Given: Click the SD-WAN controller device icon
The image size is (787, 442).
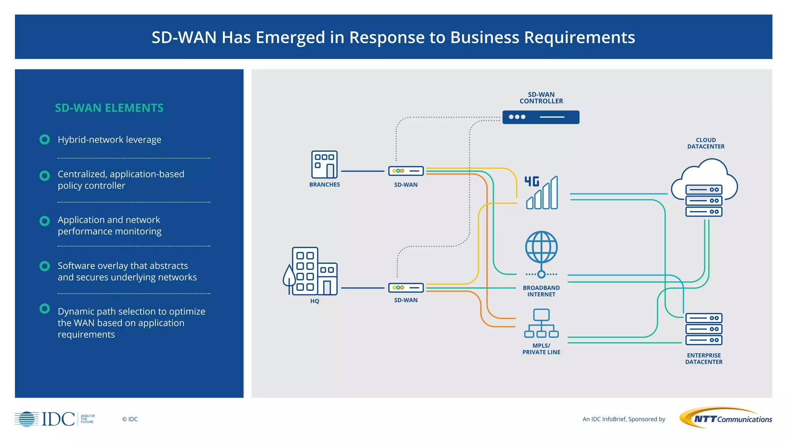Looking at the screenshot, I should point(541,117).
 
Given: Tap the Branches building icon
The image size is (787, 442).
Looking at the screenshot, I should point(324,164).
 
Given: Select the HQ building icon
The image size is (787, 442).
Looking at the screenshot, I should point(314,271).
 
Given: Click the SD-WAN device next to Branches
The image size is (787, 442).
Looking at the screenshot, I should point(406,171).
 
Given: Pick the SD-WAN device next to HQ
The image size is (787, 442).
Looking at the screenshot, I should point(406,287).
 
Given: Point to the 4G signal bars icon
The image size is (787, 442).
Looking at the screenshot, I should point(542,193).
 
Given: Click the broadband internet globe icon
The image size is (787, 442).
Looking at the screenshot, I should point(541,247).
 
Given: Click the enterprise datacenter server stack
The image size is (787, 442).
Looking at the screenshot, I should point(704,329).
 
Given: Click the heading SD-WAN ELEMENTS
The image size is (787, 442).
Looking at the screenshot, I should point(109,108).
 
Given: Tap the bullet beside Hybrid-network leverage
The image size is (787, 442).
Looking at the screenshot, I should point(45,139).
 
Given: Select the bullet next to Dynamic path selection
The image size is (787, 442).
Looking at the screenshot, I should point(45,308).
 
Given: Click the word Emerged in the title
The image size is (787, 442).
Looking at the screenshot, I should point(290,38).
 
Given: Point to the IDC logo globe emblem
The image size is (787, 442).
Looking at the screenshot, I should point(27,419).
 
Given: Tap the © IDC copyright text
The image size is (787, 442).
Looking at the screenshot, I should point(130,419).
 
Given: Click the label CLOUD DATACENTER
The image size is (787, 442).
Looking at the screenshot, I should point(706,143).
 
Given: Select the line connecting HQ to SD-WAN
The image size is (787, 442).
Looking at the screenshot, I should point(362,288).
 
